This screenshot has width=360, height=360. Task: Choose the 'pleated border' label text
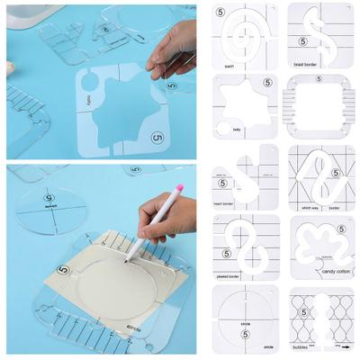pyautogui.click(x=228, y=276)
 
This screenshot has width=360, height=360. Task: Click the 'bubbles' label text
pyautogui.click(x=301, y=346)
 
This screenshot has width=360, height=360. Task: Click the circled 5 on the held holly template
pyautogui.click(x=157, y=138)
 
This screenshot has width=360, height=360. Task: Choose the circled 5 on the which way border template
pyautogui.click(x=335, y=172)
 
